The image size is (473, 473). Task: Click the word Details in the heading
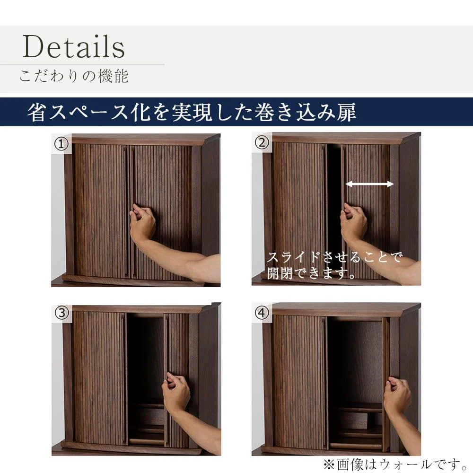click(74, 46)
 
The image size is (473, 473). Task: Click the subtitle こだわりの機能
click(74, 76)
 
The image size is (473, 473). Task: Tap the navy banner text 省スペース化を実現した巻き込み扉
click(192, 112)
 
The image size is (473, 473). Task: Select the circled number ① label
click(61, 144)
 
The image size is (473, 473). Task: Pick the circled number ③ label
click(61, 313)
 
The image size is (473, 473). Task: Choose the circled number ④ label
click(262, 313)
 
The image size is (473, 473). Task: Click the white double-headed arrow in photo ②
click(369, 184)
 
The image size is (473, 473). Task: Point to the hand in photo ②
click(353, 222)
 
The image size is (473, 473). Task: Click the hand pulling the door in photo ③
click(176, 391)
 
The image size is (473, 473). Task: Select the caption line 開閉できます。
click(311, 273)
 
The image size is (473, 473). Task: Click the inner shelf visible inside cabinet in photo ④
click(356, 410)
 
